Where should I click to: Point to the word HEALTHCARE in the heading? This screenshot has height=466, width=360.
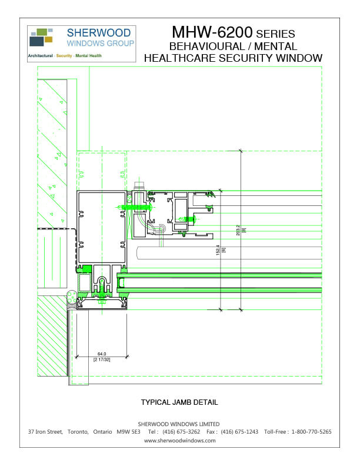tap(188, 58)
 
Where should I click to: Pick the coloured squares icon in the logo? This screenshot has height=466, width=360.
tap(41, 36)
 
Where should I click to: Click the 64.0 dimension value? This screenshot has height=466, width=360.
tap(103, 354)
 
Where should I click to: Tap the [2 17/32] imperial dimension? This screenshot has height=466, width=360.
tap(103, 360)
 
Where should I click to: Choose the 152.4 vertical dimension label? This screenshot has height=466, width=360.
tap(218, 250)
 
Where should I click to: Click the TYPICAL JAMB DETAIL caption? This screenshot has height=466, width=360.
tap(179, 402)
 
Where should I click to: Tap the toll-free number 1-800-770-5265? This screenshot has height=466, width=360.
tap(311, 432)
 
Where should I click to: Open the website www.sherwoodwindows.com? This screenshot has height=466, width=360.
tap(179, 440)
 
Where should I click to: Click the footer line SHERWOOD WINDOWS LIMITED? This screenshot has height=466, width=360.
tap(179, 424)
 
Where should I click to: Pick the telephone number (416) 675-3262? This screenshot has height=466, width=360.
tap(181, 432)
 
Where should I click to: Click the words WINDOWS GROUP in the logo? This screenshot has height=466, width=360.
tap(101, 44)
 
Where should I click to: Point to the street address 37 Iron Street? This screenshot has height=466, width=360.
tap(45, 432)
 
